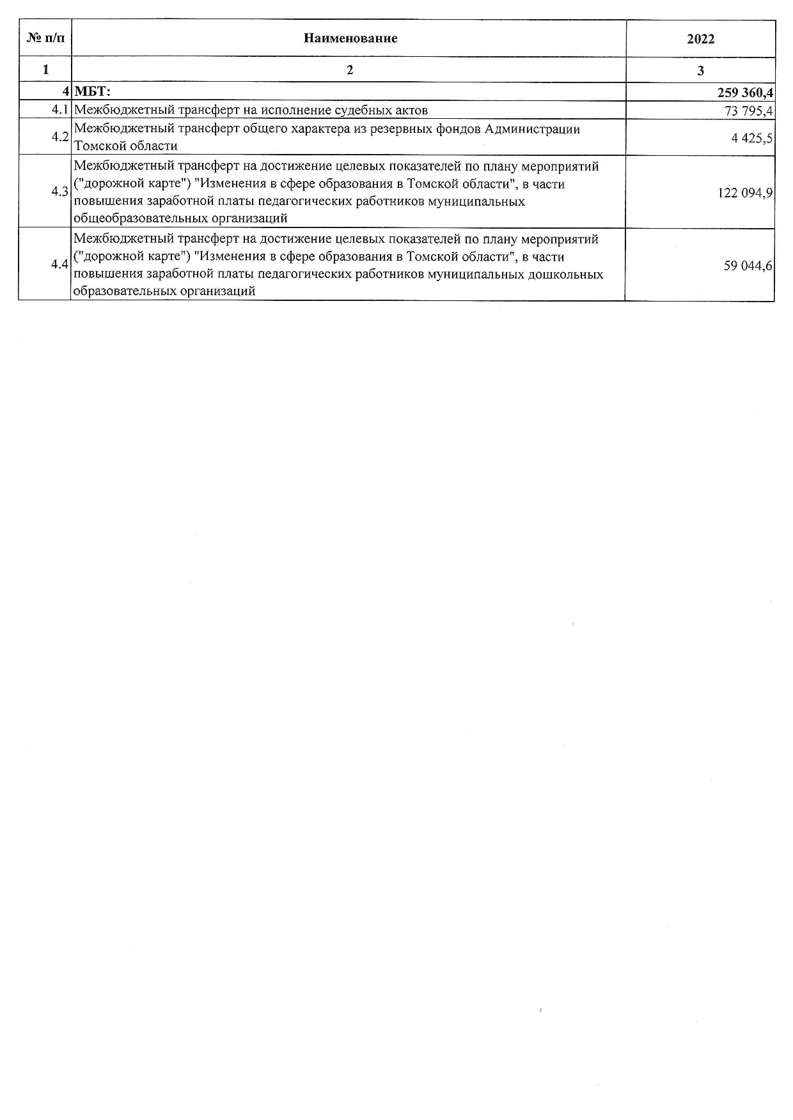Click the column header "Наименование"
350,38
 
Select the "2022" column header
700,39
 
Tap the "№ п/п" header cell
45,38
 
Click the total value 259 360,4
745,93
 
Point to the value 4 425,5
752,137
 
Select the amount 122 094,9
745,192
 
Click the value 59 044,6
748,265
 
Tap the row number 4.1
60,111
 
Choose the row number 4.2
60,137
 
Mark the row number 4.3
60,192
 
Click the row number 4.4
60,265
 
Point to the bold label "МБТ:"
93,93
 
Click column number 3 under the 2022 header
700,70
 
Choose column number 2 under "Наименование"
349,70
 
